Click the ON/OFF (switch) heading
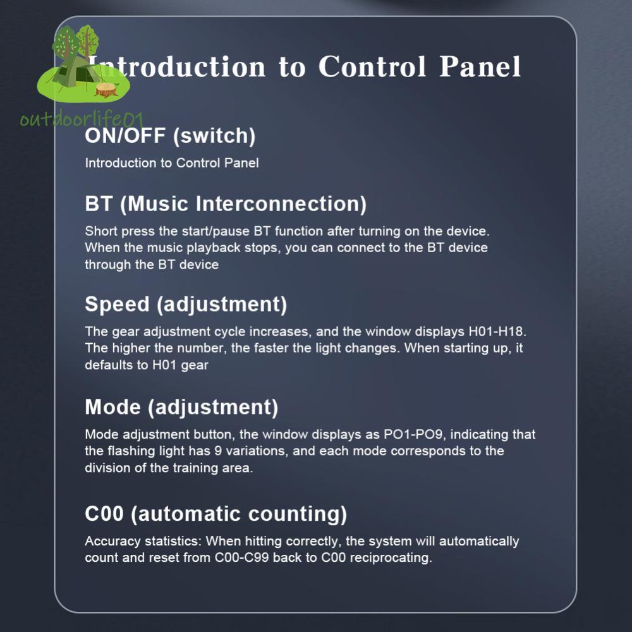click(x=170, y=137)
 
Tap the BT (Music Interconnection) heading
click(x=226, y=204)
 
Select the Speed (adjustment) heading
click(x=186, y=305)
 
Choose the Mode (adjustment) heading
click(x=181, y=408)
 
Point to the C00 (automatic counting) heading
click(x=216, y=514)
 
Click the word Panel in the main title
click(x=480, y=66)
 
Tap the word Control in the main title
click(x=372, y=66)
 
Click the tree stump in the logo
click(x=107, y=90)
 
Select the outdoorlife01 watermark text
click(x=82, y=119)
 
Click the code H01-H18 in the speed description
click(x=495, y=332)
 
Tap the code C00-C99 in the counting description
click(x=241, y=558)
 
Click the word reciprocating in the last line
click(x=391, y=558)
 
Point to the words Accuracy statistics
click(x=143, y=542)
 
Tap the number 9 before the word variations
click(x=217, y=451)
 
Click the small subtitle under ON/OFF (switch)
click(x=172, y=163)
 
